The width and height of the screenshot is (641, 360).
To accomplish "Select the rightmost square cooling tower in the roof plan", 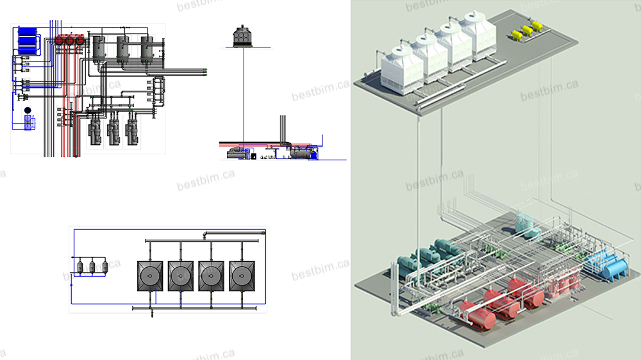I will (242, 276).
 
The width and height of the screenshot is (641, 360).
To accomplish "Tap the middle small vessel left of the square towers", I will (92, 266).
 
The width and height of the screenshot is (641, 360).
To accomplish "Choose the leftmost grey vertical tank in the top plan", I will (99, 48).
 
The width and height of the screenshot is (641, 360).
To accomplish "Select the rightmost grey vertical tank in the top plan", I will (147, 48).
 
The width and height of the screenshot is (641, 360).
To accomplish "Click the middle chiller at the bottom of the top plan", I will (113, 132).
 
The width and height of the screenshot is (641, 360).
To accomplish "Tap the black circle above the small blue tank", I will (28, 111).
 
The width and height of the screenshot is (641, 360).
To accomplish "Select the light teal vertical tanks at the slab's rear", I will (525, 224).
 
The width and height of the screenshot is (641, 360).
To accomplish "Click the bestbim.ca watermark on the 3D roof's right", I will (549, 90).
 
